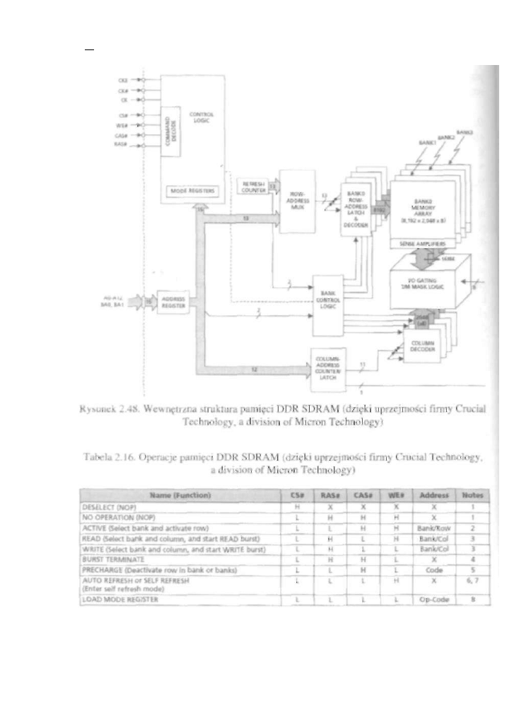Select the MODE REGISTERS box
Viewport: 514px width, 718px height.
pyautogui.click(x=192, y=192)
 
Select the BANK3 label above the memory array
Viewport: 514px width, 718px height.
pyautogui.click(x=465, y=132)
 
